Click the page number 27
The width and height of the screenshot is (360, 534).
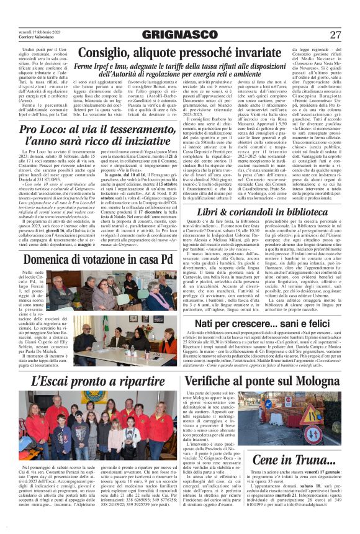tap(335, 34)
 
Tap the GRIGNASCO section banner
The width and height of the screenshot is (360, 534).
tap(181, 35)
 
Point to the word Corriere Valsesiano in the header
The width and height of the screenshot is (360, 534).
tap(25, 37)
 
